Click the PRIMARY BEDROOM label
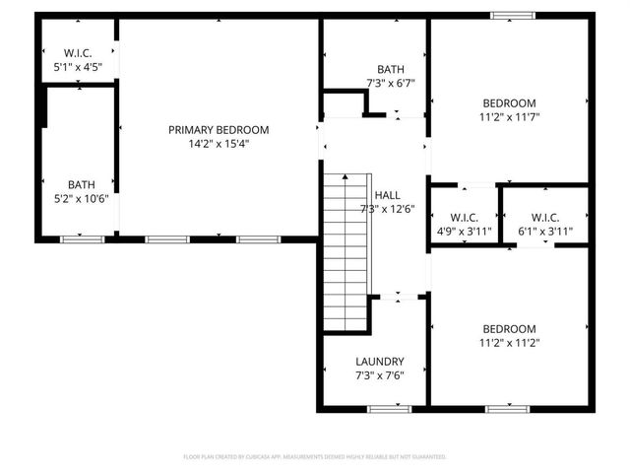[x=219, y=129]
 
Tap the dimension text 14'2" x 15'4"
[x=219, y=143]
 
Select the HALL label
[x=387, y=195]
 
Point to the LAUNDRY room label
[x=379, y=362]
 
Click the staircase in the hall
[x=346, y=250]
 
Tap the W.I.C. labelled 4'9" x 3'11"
[x=464, y=218]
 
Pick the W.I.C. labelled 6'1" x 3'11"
[x=545, y=218]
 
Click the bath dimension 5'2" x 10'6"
[x=82, y=197]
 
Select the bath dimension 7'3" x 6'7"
[x=391, y=83]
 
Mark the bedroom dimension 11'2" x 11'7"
[x=509, y=116]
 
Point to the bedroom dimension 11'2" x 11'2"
[x=509, y=342]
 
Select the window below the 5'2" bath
[x=82, y=238]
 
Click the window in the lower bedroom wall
[x=507, y=408]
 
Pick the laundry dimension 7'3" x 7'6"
[x=379, y=374]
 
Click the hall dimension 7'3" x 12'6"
[x=387, y=208]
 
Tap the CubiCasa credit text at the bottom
[x=315, y=456]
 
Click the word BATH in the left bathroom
[x=82, y=184]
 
